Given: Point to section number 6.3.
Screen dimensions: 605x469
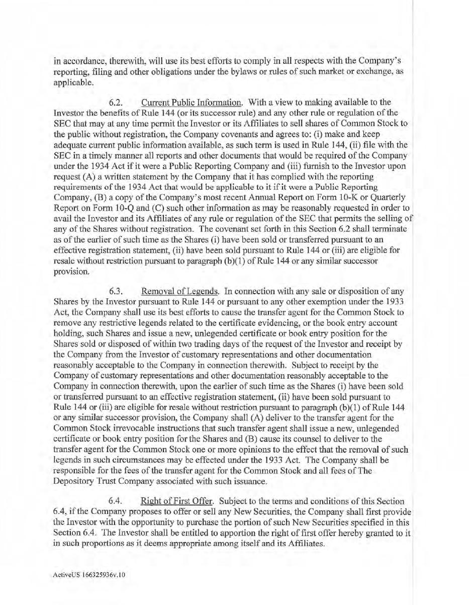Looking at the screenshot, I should (x=117, y=292).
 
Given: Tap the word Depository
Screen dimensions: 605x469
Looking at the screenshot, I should (x=74, y=481).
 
